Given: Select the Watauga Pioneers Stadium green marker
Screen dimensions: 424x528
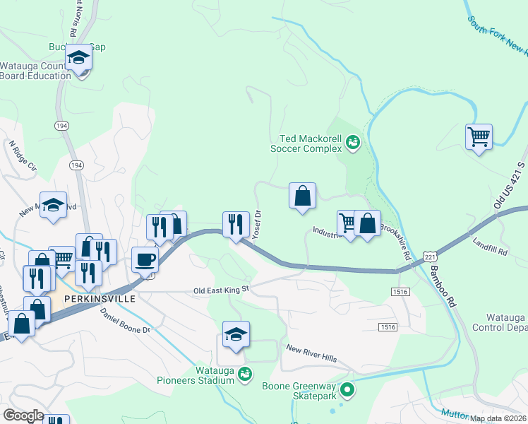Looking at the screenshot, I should pyautogui.click(x=245, y=373).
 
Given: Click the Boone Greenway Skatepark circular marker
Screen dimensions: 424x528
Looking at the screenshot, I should pyautogui.click(x=347, y=389).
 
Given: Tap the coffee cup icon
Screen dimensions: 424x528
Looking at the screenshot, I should pyautogui.click(x=145, y=259).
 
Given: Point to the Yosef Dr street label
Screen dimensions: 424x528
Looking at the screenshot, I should pyautogui.click(x=258, y=225).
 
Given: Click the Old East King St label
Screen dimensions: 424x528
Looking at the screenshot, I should pyautogui.click(x=222, y=290).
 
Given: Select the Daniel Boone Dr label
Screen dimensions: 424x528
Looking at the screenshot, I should pyautogui.click(x=126, y=320).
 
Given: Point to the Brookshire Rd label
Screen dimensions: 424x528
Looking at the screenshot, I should pyautogui.click(x=396, y=241).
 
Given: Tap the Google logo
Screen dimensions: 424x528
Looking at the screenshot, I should pyautogui.click(x=23, y=415).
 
